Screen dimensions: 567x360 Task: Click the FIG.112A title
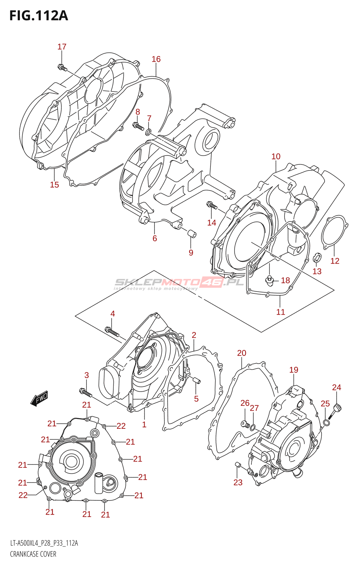coord(38,16)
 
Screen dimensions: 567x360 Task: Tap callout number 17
coord(62,47)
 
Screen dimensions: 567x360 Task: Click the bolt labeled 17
coord(62,67)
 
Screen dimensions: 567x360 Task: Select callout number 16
coord(156,59)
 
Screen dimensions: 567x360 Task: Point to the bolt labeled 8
coord(137,125)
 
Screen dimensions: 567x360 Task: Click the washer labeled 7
coord(148,133)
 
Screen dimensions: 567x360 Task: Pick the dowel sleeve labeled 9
coord(192,234)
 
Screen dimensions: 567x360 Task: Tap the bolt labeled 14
coord(212,205)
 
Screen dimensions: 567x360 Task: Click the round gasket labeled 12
coord(334,230)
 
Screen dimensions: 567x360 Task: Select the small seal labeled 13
coord(317,257)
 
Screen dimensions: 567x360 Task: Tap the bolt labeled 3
coord(85,392)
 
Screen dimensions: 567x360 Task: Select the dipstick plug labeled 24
coord(337,410)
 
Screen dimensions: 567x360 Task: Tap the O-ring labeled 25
coord(327,422)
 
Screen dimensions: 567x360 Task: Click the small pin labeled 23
coord(238,465)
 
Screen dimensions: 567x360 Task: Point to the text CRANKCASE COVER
coord(33,554)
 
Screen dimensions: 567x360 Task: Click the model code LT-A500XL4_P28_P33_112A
coord(44,543)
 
